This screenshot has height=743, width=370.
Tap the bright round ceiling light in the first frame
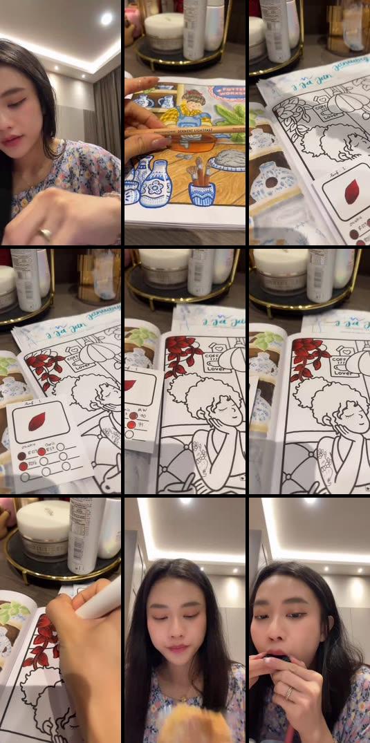(106, 19)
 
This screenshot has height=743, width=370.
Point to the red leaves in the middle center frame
(181, 353)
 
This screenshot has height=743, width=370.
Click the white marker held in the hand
(97, 601)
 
